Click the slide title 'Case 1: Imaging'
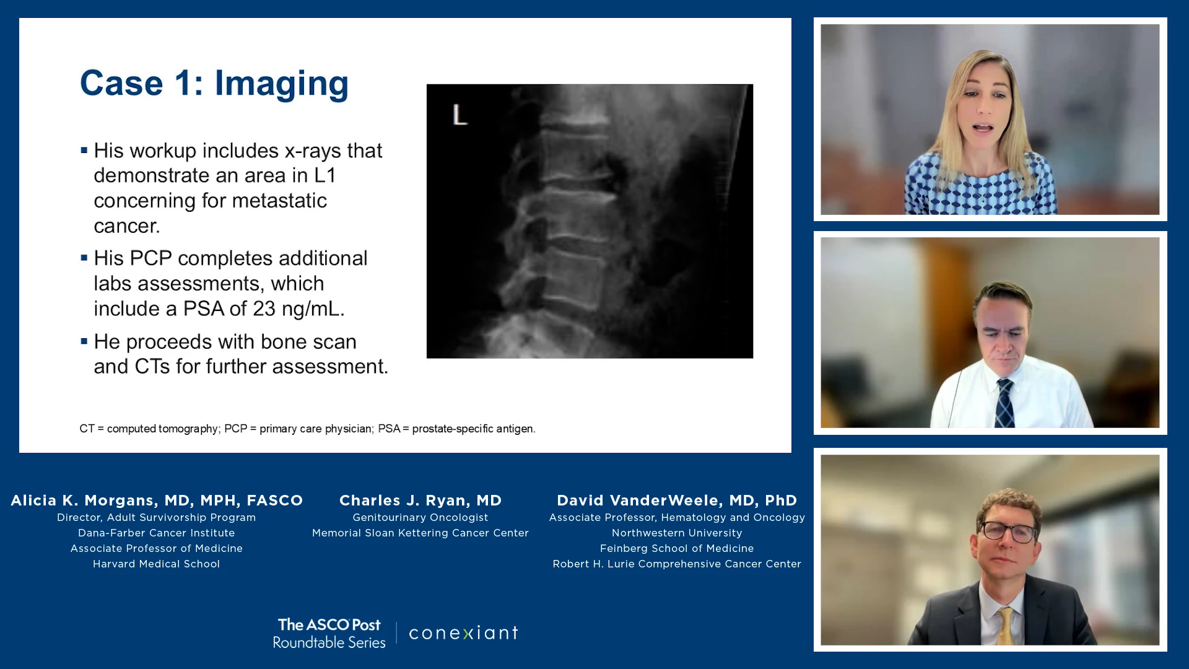point(214,84)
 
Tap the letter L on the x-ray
point(459,115)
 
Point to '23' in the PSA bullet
point(264,308)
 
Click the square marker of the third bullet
point(84,341)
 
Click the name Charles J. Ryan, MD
point(420,501)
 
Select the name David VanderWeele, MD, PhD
point(677,501)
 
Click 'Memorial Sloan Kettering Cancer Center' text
point(420,533)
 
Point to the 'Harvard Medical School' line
point(157,564)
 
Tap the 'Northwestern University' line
point(677,533)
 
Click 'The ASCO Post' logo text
point(329,625)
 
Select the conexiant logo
point(463,633)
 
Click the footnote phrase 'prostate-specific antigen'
point(473,429)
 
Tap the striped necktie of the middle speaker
point(1004,403)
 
